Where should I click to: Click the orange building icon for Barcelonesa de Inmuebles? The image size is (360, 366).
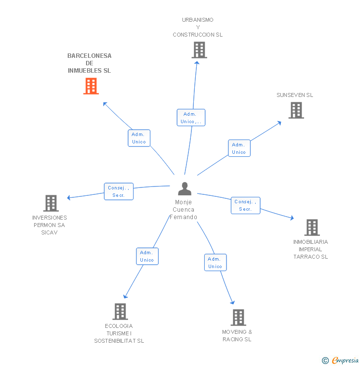91,86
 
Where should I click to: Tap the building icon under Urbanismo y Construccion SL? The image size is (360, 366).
199,50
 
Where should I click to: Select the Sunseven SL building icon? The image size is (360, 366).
296,110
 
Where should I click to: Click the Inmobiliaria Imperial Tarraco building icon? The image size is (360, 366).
312,228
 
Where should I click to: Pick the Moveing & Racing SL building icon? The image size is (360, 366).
238,318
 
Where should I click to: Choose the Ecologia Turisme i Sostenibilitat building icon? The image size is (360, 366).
120,312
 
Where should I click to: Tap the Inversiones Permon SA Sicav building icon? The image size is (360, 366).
51,203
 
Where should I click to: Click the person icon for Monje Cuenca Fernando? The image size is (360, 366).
184,188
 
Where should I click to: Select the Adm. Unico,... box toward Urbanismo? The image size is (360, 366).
191,117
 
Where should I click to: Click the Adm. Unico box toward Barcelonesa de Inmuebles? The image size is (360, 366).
139,138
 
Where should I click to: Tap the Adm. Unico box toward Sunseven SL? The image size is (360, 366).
239,148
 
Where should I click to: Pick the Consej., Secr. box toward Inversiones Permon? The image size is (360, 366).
119,191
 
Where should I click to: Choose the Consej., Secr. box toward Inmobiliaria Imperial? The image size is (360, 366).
245,205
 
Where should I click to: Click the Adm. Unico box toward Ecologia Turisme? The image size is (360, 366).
147,256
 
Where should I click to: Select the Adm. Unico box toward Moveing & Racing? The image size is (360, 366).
215,262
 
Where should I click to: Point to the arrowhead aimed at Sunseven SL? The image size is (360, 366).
279,123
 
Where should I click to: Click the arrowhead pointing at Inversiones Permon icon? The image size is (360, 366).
69,198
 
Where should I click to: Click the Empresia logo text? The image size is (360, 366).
345,360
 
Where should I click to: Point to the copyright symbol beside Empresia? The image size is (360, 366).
325,361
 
